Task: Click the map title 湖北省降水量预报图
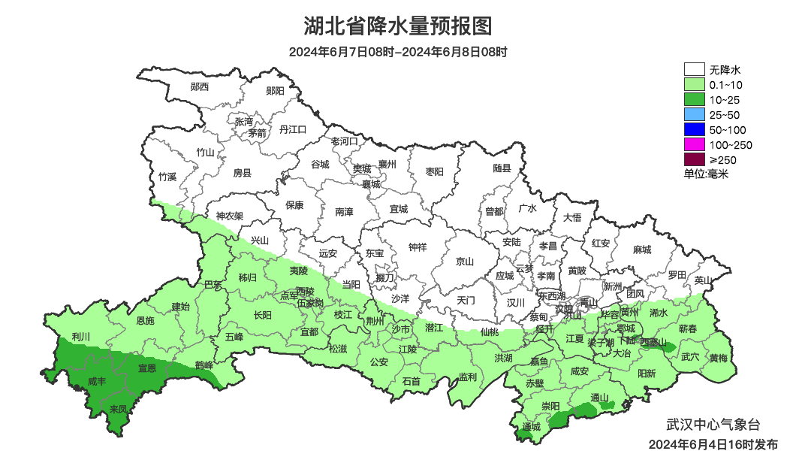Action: click(398, 27)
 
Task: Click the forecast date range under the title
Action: click(398, 53)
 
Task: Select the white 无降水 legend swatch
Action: click(694, 70)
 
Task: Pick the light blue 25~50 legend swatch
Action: click(694, 114)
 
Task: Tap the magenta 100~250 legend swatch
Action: click(694, 144)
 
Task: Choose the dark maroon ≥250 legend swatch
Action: click(694, 159)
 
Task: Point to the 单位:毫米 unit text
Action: click(706, 174)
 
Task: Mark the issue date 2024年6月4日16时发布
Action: click(713, 445)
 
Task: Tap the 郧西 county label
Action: click(200, 86)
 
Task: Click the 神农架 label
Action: click(230, 216)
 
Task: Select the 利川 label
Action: click(80, 336)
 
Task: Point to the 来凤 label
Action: click(119, 410)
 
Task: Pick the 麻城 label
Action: click(642, 250)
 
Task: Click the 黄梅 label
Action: click(718, 358)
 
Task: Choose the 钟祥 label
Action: click(418, 247)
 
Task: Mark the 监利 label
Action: click(467, 377)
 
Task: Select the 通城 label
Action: click(530, 427)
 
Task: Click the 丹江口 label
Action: click(293, 129)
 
